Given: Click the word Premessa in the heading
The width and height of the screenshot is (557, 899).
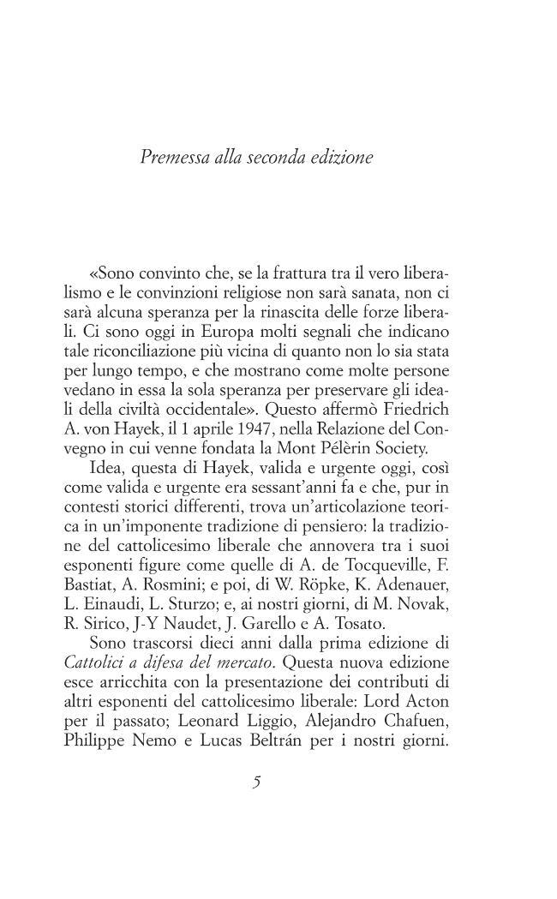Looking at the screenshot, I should [x=171, y=158].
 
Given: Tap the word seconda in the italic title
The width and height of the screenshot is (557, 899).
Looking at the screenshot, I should [x=273, y=158].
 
